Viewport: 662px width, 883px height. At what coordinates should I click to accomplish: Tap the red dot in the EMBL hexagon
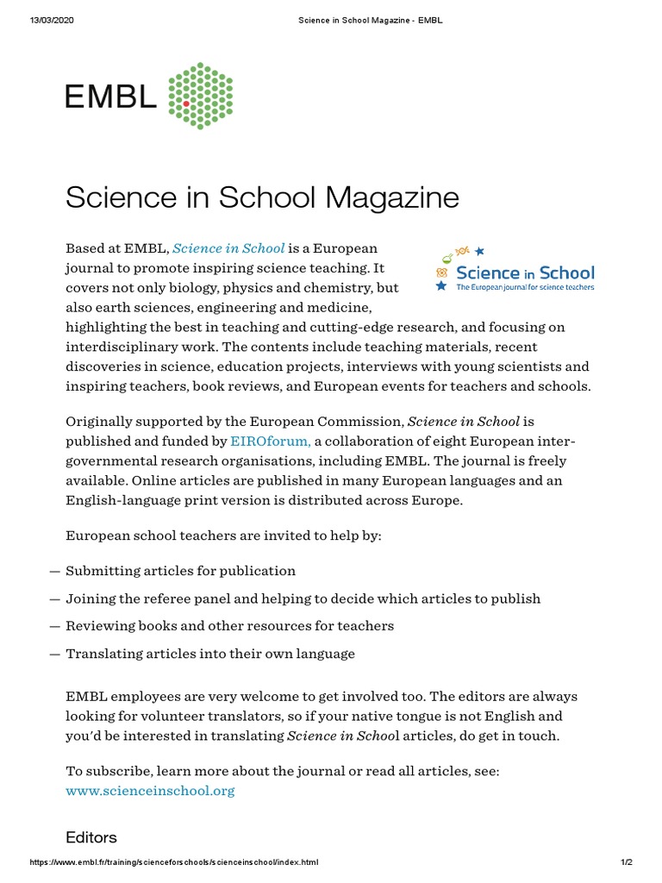[x=186, y=103]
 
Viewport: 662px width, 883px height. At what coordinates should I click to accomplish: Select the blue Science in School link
[x=228, y=248]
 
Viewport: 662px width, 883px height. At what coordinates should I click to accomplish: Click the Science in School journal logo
[x=515, y=268]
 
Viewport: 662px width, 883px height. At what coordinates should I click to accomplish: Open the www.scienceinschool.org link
[x=150, y=790]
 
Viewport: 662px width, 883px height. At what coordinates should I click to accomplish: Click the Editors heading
[x=91, y=837]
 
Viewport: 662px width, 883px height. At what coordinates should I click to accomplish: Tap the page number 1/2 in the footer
[x=626, y=862]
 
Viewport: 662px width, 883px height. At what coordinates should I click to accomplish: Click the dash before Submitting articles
[x=54, y=572]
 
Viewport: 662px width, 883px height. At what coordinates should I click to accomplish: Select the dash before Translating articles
[x=54, y=654]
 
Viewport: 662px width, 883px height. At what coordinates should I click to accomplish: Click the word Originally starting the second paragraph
[x=99, y=422]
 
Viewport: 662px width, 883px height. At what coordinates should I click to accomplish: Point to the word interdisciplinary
[x=124, y=347]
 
